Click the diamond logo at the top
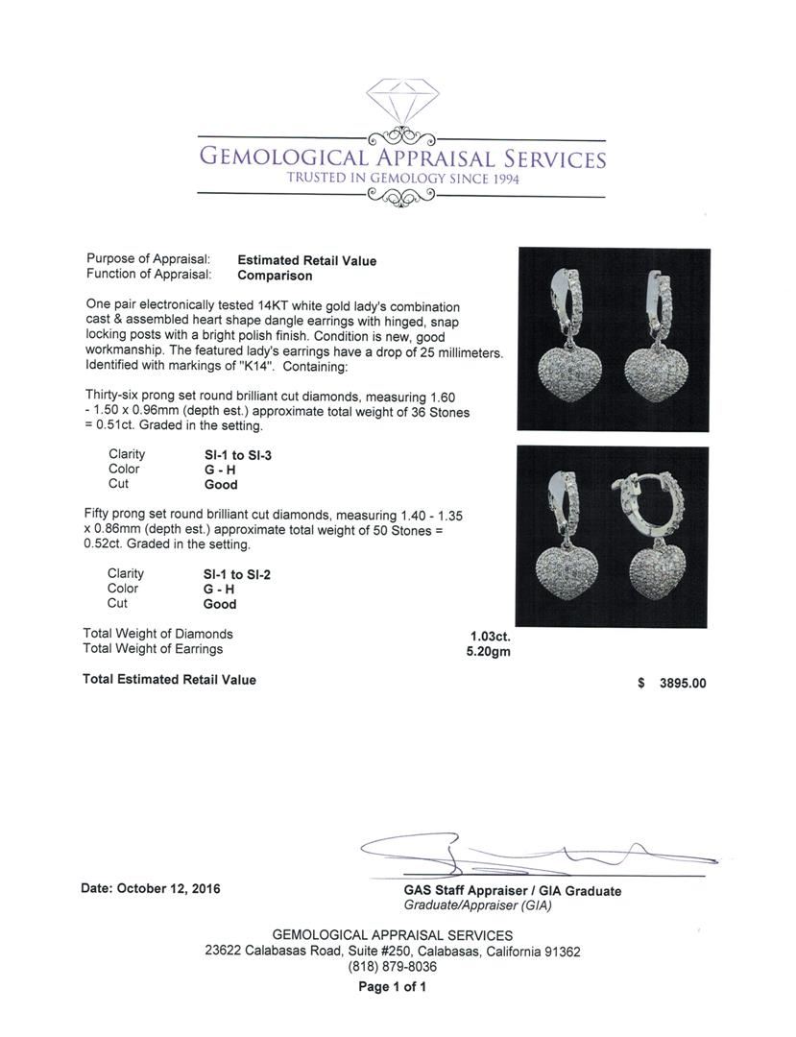point(402,102)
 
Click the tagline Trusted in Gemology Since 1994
point(402,178)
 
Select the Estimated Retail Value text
point(306,260)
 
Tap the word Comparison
point(275,276)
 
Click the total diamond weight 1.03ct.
point(490,636)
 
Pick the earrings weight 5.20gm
point(488,650)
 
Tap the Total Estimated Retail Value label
point(170,680)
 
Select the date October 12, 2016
point(151,889)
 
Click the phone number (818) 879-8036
point(392,967)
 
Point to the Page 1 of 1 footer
point(392,986)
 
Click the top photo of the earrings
point(614,339)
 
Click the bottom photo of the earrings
point(614,536)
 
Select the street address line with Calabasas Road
point(392,952)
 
